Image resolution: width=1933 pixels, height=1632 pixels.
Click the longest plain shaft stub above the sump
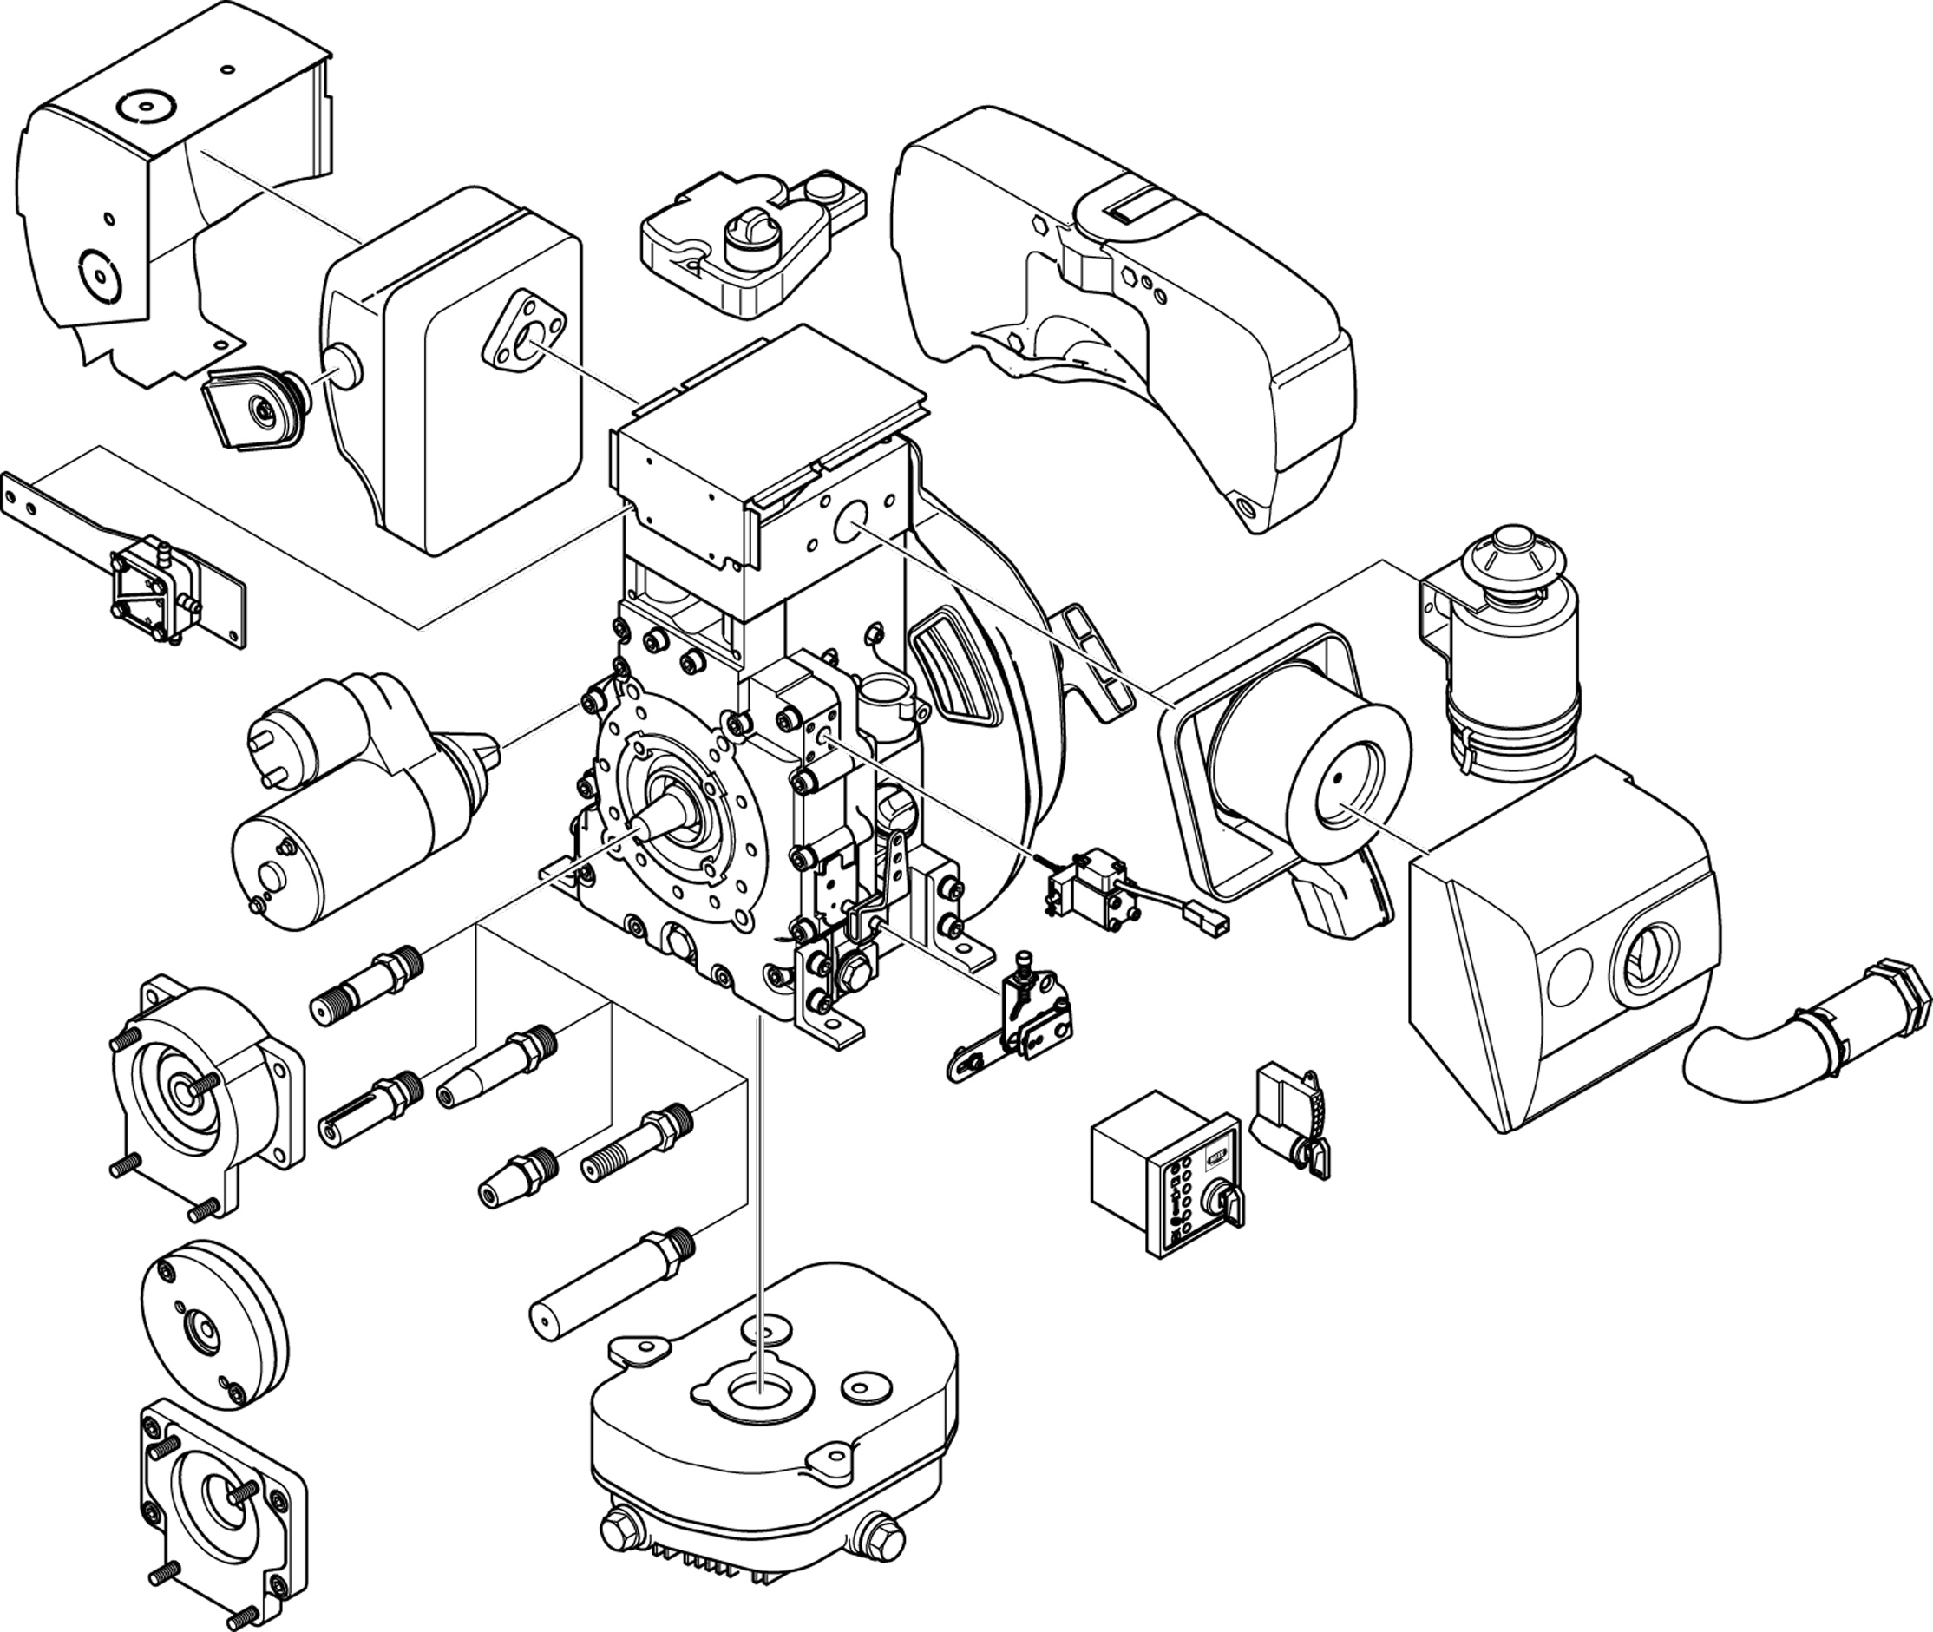point(611,1291)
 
